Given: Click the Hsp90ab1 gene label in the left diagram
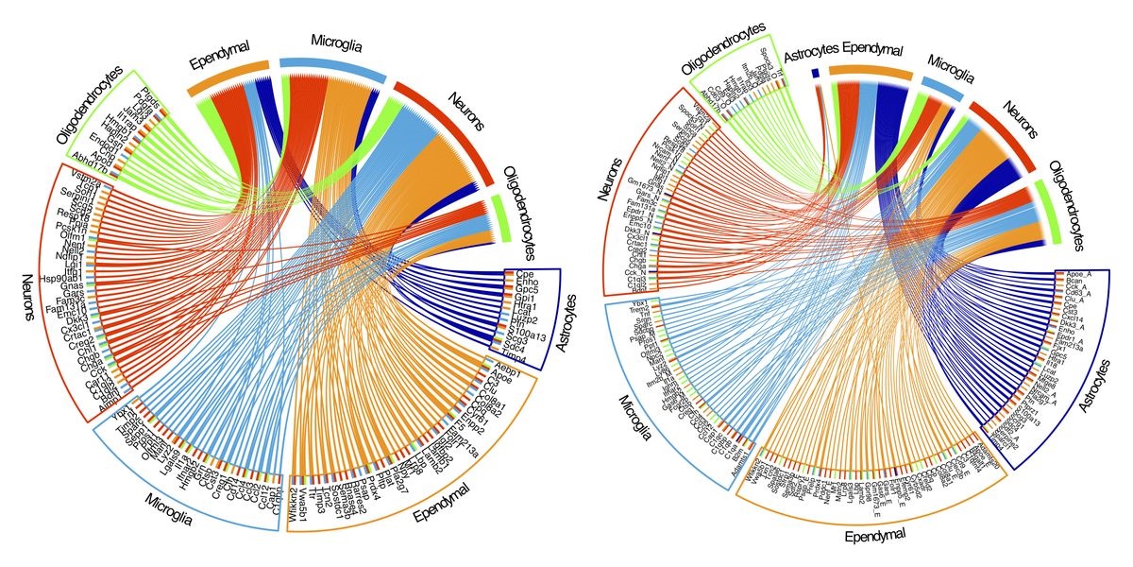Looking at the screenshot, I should click(58, 279).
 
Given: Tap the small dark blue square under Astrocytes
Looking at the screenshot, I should click(815, 73).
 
